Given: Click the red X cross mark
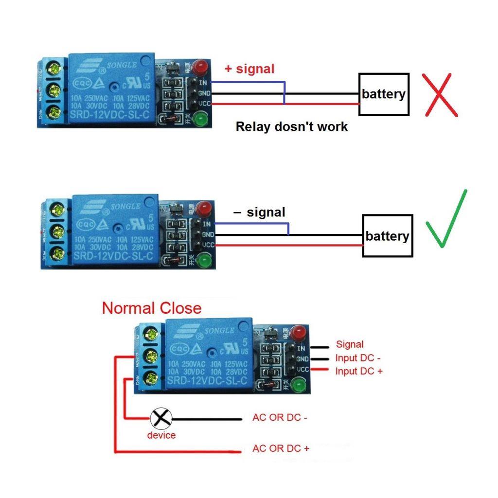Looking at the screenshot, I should [441, 95].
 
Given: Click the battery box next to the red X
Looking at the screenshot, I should [384, 94].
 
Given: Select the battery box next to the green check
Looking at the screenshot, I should [388, 236].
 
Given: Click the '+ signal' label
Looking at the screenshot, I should [249, 69].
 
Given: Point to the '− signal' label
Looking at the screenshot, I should [259, 213].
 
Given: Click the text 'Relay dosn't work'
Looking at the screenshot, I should [292, 127].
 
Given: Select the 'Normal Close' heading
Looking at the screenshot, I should [151, 308].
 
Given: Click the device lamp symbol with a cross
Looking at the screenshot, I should [160, 418].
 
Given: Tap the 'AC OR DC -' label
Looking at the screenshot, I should [280, 418].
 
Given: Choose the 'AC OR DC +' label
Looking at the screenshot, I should [281, 448].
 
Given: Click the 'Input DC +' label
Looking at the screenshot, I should [359, 371].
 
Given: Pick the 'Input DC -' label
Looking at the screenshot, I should [358, 358].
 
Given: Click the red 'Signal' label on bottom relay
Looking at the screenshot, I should [350, 345].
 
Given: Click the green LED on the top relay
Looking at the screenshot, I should [199, 118].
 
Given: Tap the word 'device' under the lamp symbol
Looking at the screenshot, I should [161, 435].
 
